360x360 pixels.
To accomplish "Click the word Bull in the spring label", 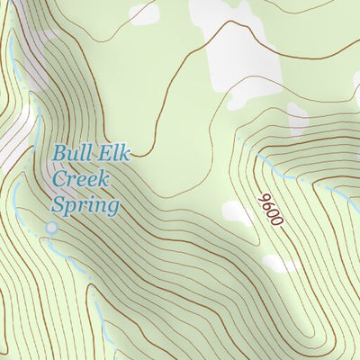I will pyautogui.click(x=70, y=153).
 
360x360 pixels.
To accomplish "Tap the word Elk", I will pyautogui.click(x=112, y=153).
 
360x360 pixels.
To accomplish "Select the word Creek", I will pyautogui.click(x=80, y=179).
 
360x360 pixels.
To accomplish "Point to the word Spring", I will pyautogui.click(x=85, y=207).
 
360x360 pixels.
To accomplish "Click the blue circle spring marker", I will pyautogui.click(x=51, y=229).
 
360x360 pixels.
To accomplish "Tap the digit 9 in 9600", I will pyautogui.click(x=265, y=197).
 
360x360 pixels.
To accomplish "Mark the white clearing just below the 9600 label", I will pyautogui.click(x=281, y=264).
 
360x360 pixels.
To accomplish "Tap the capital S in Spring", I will pyautogui.click(x=59, y=206).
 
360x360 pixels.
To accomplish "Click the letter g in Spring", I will pyautogui.click(x=112, y=210).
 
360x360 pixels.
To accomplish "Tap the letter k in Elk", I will pyautogui.click(x=125, y=153).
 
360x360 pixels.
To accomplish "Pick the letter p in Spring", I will pyautogui.click(x=72, y=209).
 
